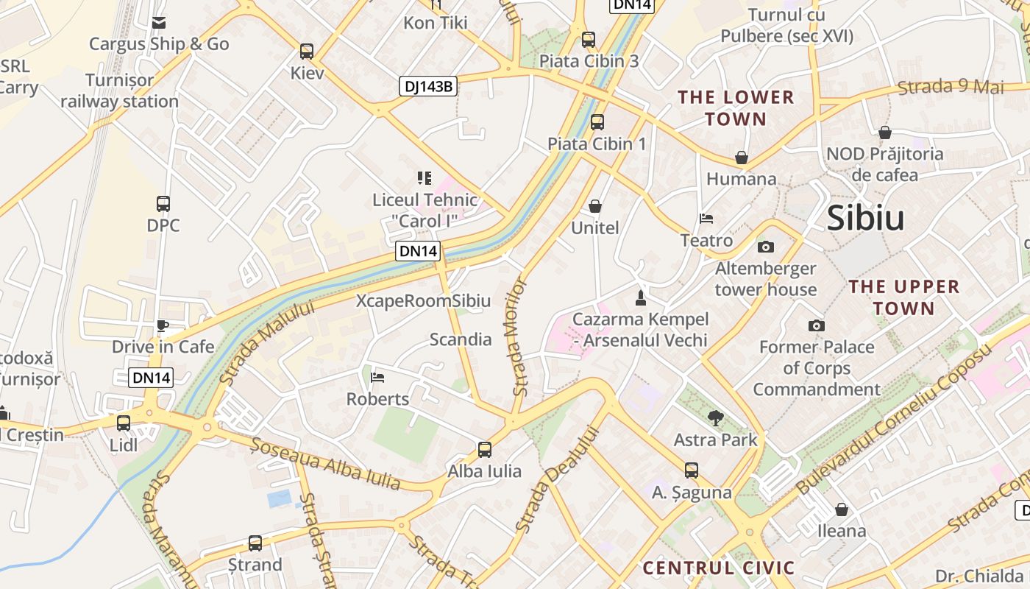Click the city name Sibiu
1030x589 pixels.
[865, 218]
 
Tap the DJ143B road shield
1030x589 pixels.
[429, 86]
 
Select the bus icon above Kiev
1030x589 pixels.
[307, 52]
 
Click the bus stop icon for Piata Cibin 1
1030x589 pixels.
[597, 122]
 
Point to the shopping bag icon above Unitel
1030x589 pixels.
[594, 206]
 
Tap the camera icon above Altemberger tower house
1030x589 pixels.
[766, 247]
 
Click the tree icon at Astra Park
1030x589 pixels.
[715, 419]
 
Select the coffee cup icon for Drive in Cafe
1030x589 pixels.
[163, 326]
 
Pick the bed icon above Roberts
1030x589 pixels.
[377, 378]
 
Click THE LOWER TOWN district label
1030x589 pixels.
[736, 107]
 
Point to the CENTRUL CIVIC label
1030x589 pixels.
[719, 568]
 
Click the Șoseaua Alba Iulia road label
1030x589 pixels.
[326, 464]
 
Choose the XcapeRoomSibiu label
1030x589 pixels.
[423, 300]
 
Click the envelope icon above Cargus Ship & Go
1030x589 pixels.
[159, 23]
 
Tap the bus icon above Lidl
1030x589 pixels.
[124, 423]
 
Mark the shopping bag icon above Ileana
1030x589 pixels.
[842, 509]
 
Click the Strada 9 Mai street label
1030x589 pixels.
[951, 87]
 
